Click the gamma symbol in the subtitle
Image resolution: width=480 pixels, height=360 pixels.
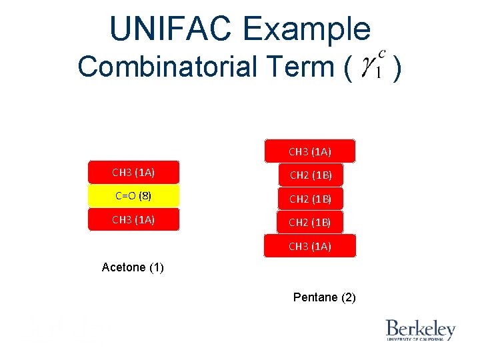click(x=368, y=67)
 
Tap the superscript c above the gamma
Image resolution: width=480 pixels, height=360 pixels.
click(x=381, y=53)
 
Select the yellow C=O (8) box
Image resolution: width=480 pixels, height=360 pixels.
click(x=133, y=196)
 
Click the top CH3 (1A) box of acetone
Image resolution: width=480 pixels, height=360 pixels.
click(x=133, y=173)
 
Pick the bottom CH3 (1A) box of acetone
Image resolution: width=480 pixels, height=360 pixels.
click(x=133, y=219)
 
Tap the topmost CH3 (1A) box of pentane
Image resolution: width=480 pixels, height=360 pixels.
click(x=310, y=151)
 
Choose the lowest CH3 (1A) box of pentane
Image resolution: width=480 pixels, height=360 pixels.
click(x=310, y=246)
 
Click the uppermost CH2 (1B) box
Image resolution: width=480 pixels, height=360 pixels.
click(x=310, y=175)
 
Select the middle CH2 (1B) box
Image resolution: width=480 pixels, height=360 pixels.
click(x=310, y=199)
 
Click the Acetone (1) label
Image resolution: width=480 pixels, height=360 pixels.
click(x=133, y=267)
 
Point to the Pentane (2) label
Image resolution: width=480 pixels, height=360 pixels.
click(x=325, y=297)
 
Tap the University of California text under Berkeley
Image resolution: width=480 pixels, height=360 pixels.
click(x=420, y=339)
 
